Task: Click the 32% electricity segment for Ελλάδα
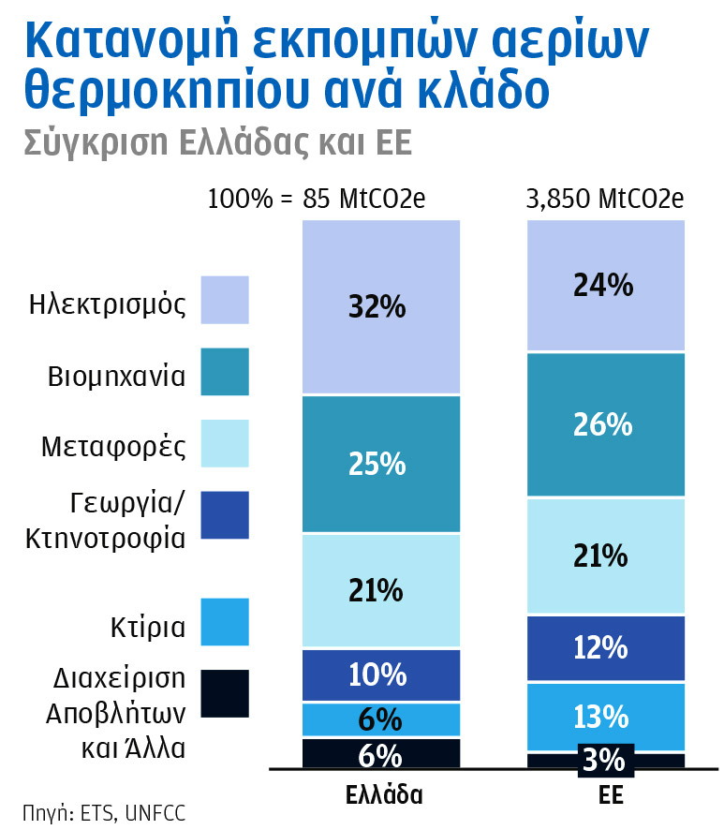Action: coord(381,306)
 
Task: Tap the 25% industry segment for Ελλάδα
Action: coord(381,464)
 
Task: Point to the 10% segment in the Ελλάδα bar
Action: coord(381,674)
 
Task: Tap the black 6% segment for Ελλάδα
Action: coord(381,754)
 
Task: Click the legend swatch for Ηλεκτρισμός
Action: coord(225,300)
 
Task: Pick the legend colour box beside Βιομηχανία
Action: coord(225,372)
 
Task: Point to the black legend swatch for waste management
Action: coord(225,694)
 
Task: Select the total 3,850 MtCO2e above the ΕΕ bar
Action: coord(605,200)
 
